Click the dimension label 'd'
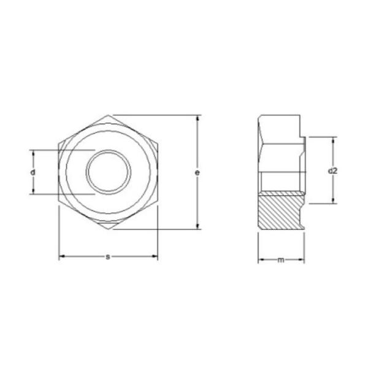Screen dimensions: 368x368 (x=33, y=172)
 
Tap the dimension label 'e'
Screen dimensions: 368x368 (x=197, y=174)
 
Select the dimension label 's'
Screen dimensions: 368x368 (x=108, y=256)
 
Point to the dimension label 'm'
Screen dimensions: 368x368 (x=281, y=260)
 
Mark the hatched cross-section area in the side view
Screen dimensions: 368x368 (x=280, y=211)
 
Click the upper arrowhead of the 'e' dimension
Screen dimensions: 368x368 (x=197, y=118)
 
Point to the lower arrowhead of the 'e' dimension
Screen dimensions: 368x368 (x=197, y=226)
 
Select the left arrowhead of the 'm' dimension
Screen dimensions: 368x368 (x=260, y=260)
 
